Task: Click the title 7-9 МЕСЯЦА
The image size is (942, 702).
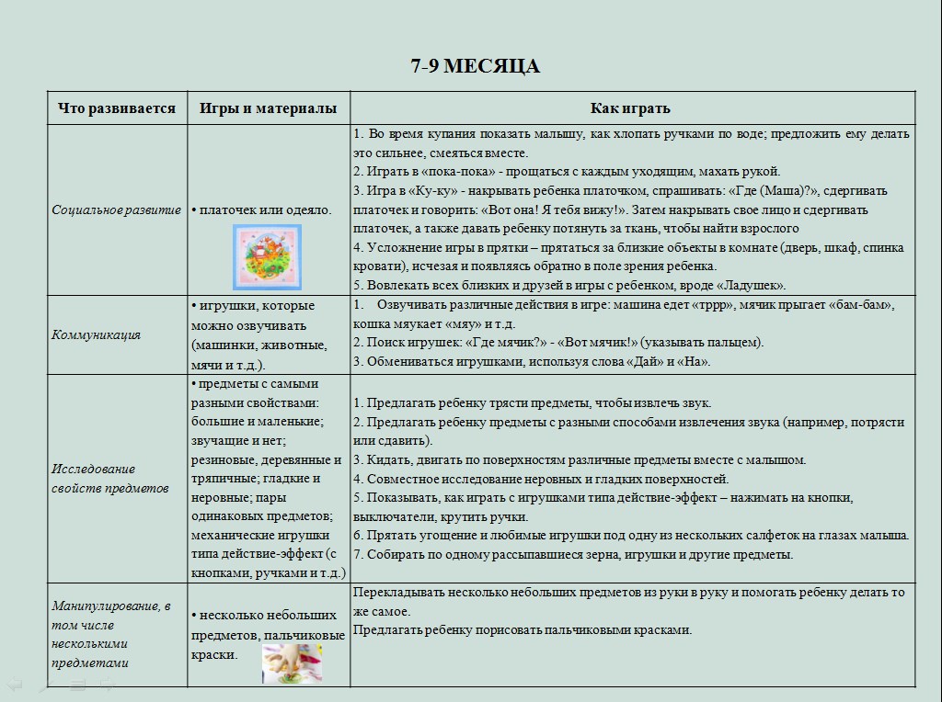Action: pyautogui.click(x=475, y=66)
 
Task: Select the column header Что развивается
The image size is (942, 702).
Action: pyautogui.click(x=116, y=108)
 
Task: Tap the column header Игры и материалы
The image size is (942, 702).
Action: pyautogui.click(x=268, y=108)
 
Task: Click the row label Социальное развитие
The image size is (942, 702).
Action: pyautogui.click(x=116, y=209)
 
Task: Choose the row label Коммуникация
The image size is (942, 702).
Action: pyautogui.click(x=96, y=334)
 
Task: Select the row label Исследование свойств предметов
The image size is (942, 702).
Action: pyautogui.click(x=109, y=479)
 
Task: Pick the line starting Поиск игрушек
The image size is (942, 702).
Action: pyautogui.click(x=557, y=343)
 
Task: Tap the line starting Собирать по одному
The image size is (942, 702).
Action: pyautogui.click(x=572, y=554)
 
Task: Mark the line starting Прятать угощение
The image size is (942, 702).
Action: pyautogui.click(x=631, y=535)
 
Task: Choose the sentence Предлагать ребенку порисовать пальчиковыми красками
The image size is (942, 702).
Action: pyautogui.click(x=522, y=630)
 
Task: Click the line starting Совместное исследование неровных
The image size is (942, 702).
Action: pyautogui.click(x=541, y=479)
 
